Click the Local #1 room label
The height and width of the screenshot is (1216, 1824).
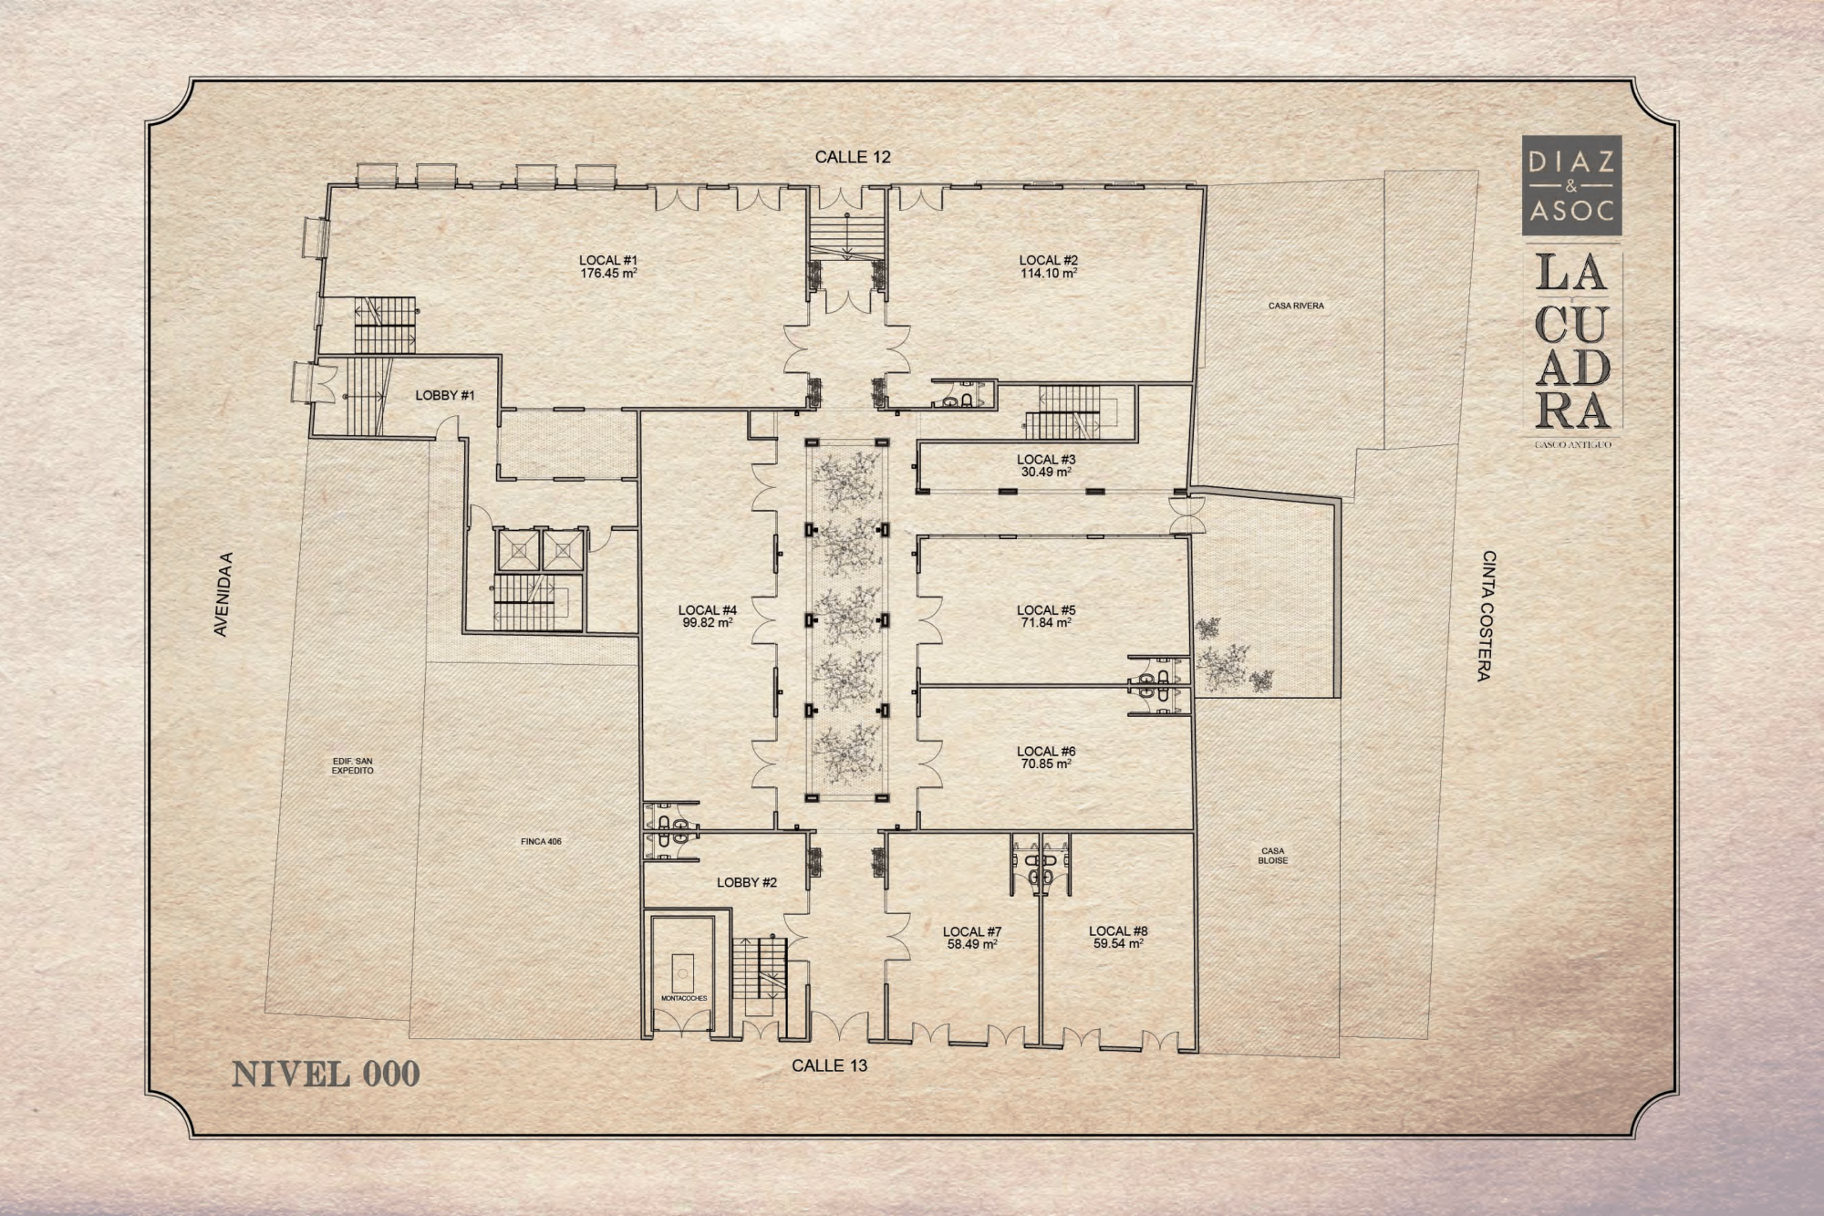pos(607,260)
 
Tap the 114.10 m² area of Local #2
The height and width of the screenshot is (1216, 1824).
pos(1049,273)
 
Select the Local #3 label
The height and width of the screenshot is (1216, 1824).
pos(1046,460)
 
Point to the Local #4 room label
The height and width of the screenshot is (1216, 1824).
pos(708,610)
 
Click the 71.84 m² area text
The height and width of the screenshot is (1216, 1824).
pos(1046,623)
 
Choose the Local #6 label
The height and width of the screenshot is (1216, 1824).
pos(1046,752)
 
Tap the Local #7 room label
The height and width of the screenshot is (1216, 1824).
pos(972,931)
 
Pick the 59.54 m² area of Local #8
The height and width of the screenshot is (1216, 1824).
pos(1118,944)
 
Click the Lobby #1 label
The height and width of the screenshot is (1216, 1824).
pos(445,395)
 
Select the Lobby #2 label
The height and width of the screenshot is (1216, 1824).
pos(747,882)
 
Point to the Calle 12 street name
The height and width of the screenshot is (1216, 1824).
pos(853,157)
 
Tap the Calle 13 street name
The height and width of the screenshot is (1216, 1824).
pos(830,1065)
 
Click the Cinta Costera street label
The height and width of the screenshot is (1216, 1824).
pos(1487,616)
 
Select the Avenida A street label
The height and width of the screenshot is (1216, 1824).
pos(221,594)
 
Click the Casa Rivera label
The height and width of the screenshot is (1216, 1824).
pos(1296,306)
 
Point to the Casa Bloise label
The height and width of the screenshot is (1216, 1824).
pos(1273,856)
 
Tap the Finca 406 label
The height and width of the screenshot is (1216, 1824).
pos(542,841)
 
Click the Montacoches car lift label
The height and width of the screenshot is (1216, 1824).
pos(684,999)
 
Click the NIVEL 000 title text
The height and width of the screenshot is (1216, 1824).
pos(326,1074)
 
